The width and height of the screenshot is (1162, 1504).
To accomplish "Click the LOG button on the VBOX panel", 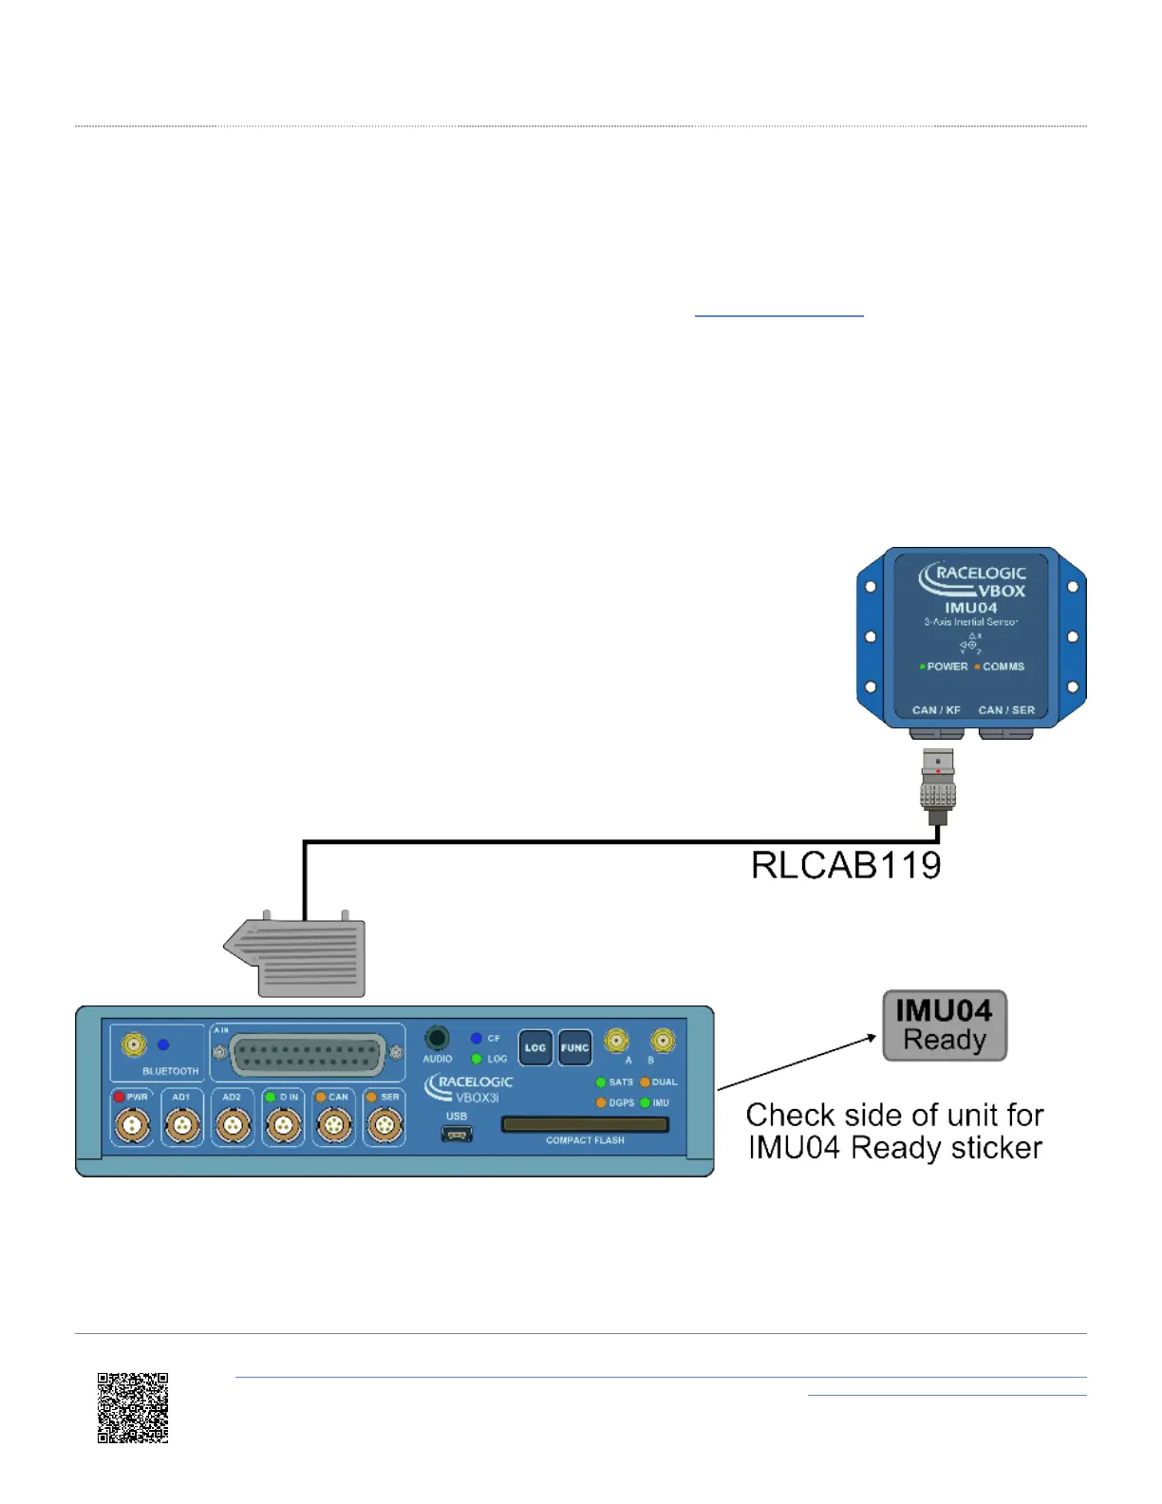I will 535,1048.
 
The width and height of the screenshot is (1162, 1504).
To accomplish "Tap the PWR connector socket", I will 132,1127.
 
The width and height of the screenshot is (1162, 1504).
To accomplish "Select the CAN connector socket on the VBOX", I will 334,1127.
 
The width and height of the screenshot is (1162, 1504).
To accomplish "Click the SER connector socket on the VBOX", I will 384,1127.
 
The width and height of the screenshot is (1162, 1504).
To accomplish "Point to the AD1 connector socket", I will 182,1127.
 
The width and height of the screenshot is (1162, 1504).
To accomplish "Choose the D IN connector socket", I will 283,1127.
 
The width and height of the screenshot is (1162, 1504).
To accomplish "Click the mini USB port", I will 457,1134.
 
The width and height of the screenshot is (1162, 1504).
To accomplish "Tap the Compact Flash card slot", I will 585,1125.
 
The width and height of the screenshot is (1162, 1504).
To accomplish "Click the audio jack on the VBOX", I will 437,1038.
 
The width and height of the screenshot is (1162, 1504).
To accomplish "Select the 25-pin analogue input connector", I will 308,1055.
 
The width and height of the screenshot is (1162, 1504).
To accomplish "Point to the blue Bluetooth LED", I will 163,1044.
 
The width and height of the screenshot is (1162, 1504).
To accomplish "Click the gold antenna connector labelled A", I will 617,1041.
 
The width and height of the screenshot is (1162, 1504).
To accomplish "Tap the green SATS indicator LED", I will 601,1082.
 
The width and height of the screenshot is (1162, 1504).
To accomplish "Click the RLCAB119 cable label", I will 846,865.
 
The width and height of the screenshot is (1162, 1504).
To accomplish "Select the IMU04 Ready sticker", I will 945,1025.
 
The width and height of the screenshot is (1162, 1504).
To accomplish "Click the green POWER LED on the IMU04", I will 922,667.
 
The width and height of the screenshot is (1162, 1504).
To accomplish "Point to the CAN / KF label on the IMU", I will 936,710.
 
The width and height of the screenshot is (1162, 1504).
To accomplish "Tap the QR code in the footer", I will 133,1407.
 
